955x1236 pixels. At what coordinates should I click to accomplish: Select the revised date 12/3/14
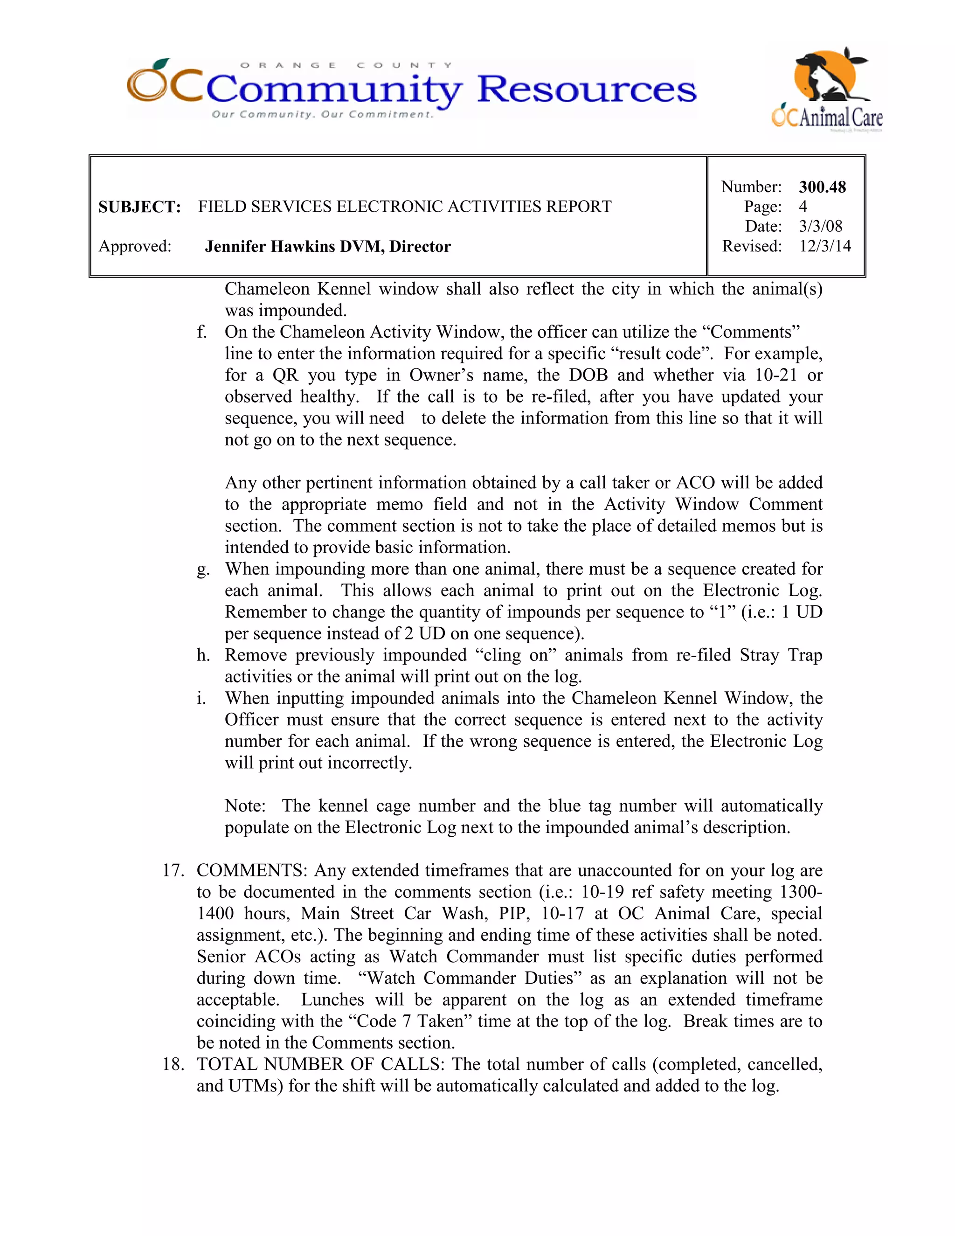pyautogui.click(x=824, y=246)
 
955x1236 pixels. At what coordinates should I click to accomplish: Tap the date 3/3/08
pyautogui.click(x=820, y=226)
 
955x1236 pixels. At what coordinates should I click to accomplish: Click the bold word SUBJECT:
pyautogui.click(x=139, y=207)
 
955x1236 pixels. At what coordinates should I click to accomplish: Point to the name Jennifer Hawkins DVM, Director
pyautogui.click(x=327, y=247)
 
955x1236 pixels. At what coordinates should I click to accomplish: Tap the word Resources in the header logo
pyautogui.click(x=587, y=90)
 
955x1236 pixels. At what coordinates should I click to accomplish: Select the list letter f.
pyautogui.click(x=201, y=332)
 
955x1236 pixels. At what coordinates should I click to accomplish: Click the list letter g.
pyautogui.click(x=202, y=570)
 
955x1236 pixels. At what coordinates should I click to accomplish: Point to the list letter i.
pyautogui.click(x=201, y=698)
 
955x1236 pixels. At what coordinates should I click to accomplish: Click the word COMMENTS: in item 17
pyautogui.click(x=252, y=870)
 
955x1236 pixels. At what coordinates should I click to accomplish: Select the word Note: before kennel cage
pyautogui.click(x=245, y=806)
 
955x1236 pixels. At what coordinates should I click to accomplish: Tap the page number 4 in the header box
pyautogui.click(x=803, y=207)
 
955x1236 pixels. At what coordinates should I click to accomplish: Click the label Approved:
pyautogui.click(x=135, y=247)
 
